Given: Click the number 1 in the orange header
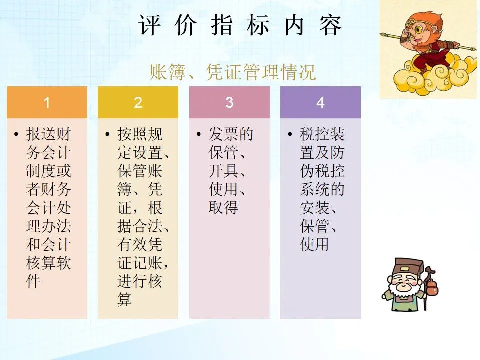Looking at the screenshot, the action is point(47,103).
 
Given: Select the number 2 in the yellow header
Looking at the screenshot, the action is point(138,103).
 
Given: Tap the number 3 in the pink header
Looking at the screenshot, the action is point(229,103).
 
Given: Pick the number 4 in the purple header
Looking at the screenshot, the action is point(320,103).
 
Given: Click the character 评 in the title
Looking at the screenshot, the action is point(149,25).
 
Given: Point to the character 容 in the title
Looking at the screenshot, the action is point(330,25).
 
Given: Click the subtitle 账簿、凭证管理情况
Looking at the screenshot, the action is point(232,72).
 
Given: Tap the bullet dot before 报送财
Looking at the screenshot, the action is point(16,134).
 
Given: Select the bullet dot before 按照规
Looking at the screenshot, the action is point(107,134).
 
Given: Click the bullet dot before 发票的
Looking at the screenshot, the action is point(199,134).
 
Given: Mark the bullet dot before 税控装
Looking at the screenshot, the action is point(290,134).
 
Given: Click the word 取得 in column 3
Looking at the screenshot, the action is point(223,208).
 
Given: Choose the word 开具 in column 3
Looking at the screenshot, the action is point(223,171).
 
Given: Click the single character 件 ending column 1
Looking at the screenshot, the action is point(33,281).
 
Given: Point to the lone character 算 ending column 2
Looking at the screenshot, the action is point(124,299).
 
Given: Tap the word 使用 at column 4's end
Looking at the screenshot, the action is point(314,244).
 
